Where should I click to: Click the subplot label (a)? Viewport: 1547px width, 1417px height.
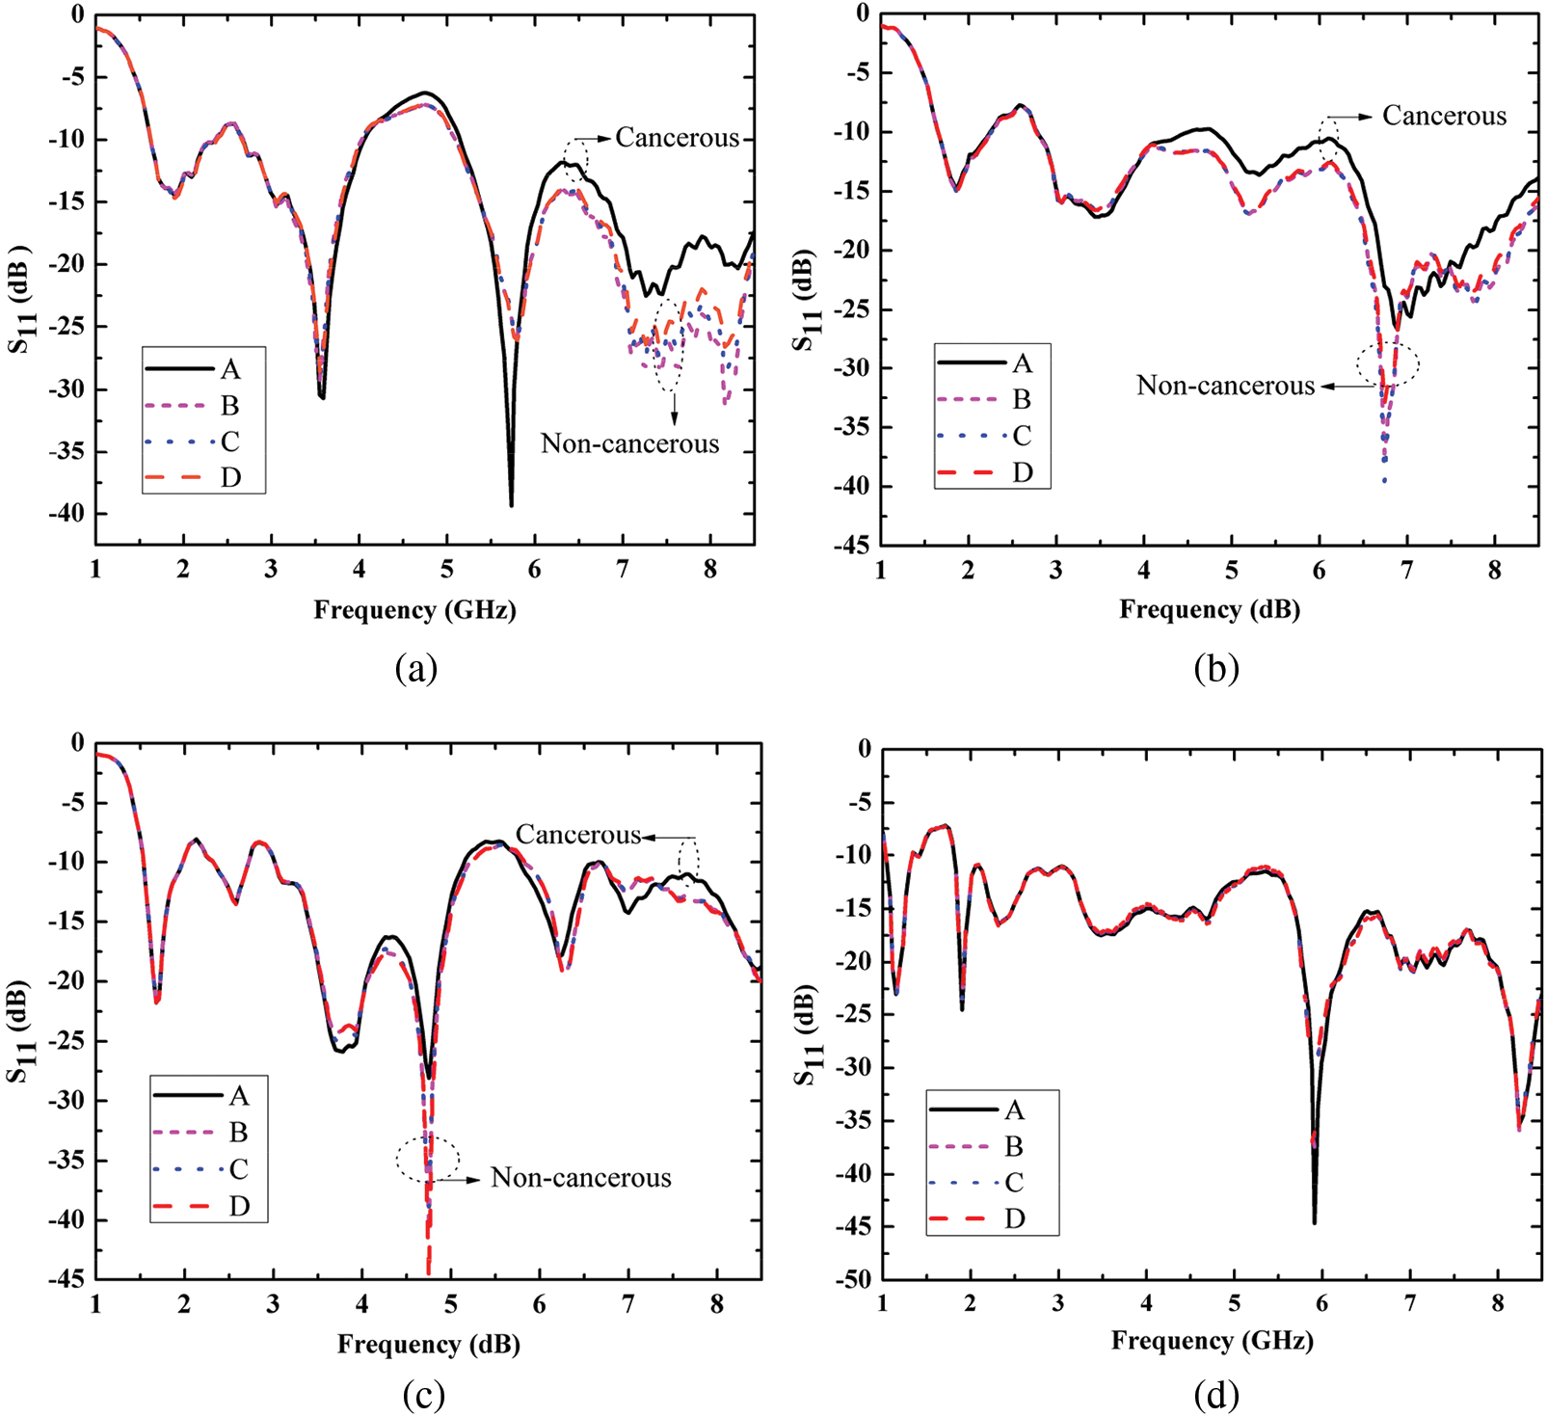pyautogui.click(x=416, y=668)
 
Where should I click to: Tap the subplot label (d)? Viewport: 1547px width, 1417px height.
pyautogui.click(x=1215, y=1394)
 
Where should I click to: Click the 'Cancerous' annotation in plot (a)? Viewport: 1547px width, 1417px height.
pyautogui.click(x=677, y=138)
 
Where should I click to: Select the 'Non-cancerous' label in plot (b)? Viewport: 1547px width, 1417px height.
pyautogui.click(x=1225, y=386)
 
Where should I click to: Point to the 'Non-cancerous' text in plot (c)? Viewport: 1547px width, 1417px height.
pyautogui.click(x=580, y=1178)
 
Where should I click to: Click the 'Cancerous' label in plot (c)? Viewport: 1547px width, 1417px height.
pyautogui.click(x=578, y=835)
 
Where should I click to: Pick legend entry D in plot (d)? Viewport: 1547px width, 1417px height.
pyautogui.click(x=1014, y=1219)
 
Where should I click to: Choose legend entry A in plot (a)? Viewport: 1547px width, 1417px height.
pyautogui.click(x=229, y=369)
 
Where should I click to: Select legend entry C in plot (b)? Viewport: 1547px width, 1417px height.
pyautogui.click(x=1022, y=436)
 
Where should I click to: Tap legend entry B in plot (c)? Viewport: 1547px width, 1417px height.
pyautogui.click(x=238, y=1132)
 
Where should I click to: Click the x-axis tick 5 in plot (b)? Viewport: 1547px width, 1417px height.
pyautogui.click(x=1232, y=571)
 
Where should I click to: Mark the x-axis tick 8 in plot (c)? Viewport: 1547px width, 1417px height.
pyautogui.click(x=717, y=1305)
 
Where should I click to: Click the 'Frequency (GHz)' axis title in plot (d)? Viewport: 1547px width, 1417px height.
pyautogui.click(x=1212, y=1341)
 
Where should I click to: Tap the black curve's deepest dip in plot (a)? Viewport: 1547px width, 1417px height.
pyautogui.click(x=511, y=504)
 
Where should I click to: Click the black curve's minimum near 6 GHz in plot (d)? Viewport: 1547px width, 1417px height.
pyautogui.click(x=1314, y=1222)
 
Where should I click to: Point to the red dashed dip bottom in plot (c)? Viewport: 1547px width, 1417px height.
pyautogui.click(x=428, y=1272)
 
